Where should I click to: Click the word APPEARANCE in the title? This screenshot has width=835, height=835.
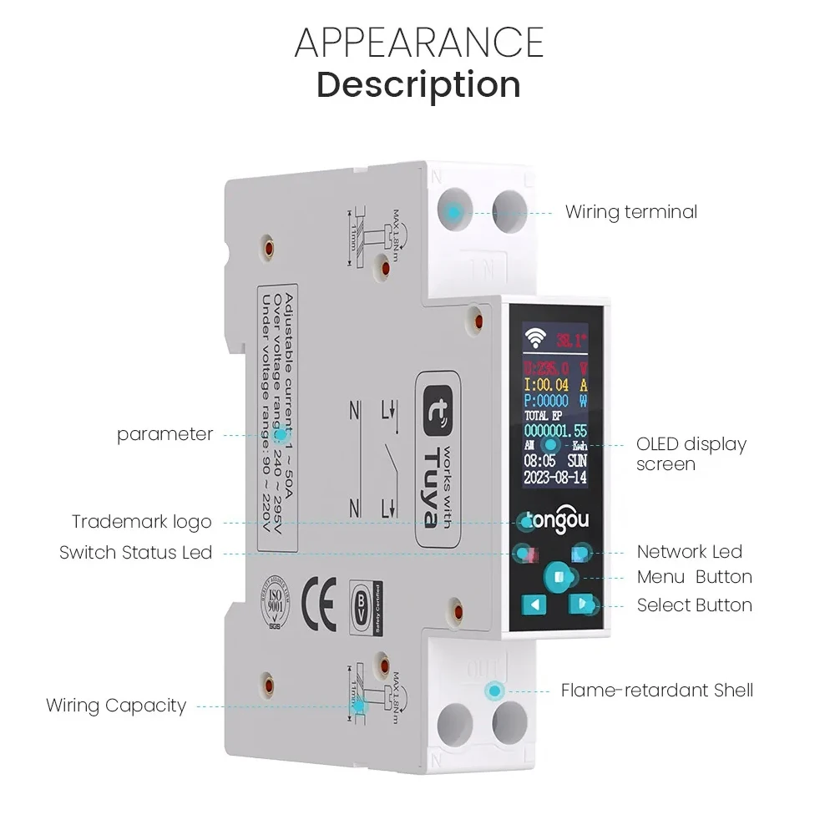419,43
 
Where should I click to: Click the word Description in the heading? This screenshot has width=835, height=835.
419,85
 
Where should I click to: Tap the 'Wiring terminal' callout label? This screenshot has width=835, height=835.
630,212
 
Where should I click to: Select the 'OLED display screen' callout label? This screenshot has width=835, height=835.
691,453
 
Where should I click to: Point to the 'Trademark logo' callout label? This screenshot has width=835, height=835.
142,522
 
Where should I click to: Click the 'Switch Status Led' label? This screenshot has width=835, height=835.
136,553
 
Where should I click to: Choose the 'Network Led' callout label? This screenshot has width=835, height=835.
689,551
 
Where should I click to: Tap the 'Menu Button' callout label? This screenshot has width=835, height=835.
694,577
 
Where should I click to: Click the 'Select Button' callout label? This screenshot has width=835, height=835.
694,605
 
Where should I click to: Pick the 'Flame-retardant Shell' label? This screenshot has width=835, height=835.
656,691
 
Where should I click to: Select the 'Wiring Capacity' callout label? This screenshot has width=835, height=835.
116,706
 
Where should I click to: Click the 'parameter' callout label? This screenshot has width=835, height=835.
164,434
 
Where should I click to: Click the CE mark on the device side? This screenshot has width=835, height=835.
318,604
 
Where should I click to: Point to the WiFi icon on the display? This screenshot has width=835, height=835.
534,339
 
